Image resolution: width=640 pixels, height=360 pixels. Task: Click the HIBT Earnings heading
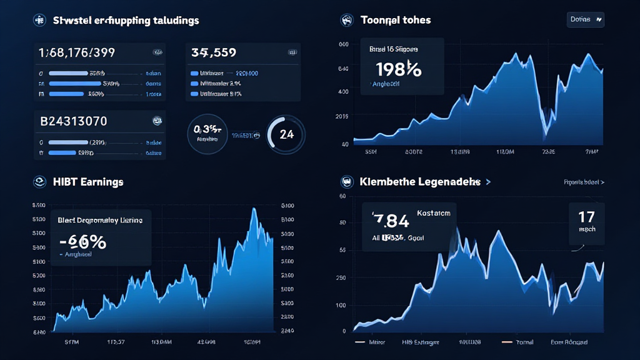88,182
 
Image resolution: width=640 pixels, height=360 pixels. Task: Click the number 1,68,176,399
77,52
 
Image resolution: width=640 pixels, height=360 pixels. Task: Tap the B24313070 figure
74,121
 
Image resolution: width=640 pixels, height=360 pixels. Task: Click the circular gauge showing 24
286,134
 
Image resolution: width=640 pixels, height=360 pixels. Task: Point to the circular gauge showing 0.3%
207,133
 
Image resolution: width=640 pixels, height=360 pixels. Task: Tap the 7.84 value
391,221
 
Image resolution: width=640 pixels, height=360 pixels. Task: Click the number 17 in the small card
586,217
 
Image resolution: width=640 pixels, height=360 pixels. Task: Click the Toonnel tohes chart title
396,20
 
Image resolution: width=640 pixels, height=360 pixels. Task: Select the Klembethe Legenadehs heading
420,182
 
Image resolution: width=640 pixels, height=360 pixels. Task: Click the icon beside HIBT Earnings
39,182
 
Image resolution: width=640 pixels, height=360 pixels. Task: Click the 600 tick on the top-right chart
343,44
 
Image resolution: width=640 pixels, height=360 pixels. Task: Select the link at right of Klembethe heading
584,182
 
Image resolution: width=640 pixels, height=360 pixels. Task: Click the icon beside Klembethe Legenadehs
347,182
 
